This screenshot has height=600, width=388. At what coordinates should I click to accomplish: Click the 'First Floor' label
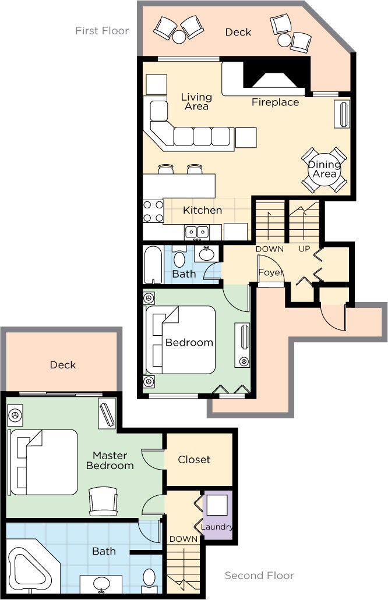[x=102, y=30]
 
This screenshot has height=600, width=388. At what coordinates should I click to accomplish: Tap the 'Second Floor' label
[x=259, y=576]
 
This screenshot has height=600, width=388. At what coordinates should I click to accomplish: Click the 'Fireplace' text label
[x=275, y=102]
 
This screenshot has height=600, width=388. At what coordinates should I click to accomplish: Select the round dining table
[x=324, y=170]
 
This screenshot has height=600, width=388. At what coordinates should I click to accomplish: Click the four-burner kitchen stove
[x=153, y=211]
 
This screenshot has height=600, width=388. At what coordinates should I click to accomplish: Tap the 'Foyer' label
[x=271, y=272]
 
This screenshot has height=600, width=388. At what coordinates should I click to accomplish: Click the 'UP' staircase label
[x=304, y=249]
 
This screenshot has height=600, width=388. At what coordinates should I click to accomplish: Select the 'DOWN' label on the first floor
[x=270, y=249]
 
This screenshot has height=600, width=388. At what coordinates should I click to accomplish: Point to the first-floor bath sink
[x=207, y=254]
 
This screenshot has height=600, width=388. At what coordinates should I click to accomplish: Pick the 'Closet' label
[x=194, y=459]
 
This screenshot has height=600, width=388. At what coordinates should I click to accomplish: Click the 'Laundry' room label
[x=217, y=527]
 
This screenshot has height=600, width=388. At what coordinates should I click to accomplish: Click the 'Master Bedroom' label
[x=110, y=460]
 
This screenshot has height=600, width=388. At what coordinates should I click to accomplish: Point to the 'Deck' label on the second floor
[x=63, y=365]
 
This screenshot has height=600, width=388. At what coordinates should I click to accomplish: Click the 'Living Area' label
[x=196, y=102]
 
